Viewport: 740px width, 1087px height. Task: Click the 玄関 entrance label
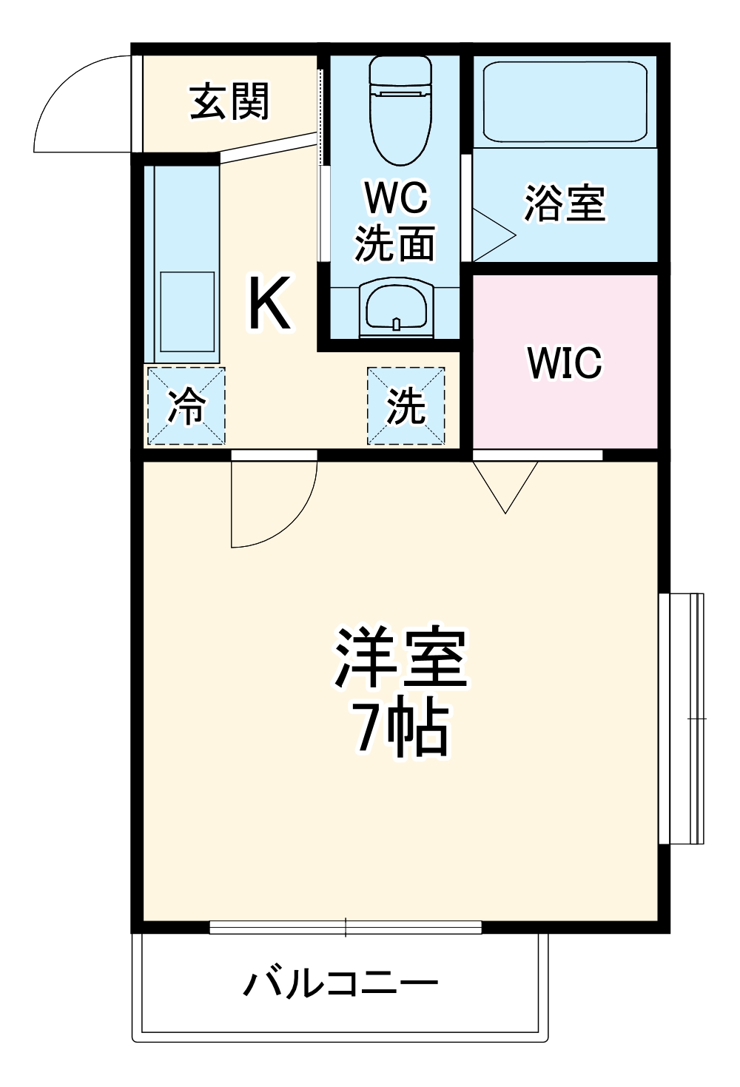[229, 101]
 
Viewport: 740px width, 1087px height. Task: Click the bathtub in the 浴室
[565, 101]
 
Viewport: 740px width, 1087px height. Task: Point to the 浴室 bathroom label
[565, 203]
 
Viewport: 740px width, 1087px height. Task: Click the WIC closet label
[564, 363]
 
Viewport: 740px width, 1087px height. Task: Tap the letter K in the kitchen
[269, 303]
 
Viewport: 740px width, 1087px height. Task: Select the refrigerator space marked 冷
[186, 405]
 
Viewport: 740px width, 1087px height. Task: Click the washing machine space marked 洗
[406, 405]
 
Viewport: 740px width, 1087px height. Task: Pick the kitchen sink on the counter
[187, 312]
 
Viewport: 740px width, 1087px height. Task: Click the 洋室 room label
[400, 658]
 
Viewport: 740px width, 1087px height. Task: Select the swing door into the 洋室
[271, 503]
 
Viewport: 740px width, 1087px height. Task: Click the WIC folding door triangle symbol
[505, 485]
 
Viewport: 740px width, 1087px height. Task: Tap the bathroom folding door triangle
[491, 236]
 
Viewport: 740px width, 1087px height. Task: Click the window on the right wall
[683, 718]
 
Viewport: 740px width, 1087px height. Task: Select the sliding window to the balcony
[346, 926]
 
